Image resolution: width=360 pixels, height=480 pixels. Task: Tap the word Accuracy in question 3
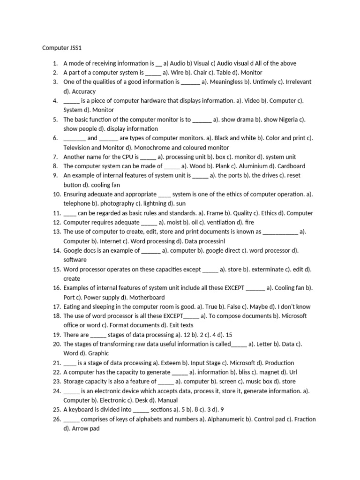coord(84,91)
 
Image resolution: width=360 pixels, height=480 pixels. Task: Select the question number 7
coord(55,157)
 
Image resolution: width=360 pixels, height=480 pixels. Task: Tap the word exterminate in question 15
coord(267,270)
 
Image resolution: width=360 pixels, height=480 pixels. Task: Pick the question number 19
coord(54,335)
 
